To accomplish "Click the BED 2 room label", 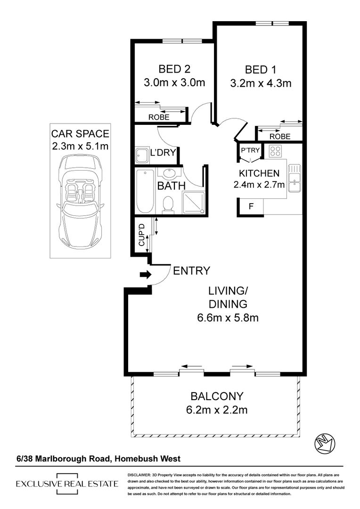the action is click(x=174, y=69).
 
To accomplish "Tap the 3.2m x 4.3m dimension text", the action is click(x=261, y=83).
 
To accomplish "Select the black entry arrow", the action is click(x=146, y=275).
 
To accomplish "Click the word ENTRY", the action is click(x=191, y=271).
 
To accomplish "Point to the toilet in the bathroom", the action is click(x=168, y=205).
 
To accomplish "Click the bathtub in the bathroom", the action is click(x=145, y=191).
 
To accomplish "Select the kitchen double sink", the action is click(x=295, y=178).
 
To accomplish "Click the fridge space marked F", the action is click(x=251, y=206).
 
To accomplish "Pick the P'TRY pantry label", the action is click(x=250, y=150).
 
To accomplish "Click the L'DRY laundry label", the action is click(x=163, y=152).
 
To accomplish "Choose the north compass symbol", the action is click(x=325, y=443).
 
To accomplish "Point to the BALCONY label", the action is click(x=217, y=396).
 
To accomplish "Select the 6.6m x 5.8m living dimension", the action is click(x=228, y=318).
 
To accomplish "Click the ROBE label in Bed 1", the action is click(x=280, y=136).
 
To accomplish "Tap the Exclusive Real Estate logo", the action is click(x=67, y=484).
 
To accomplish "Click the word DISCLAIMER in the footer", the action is click(x=139, y=475).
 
